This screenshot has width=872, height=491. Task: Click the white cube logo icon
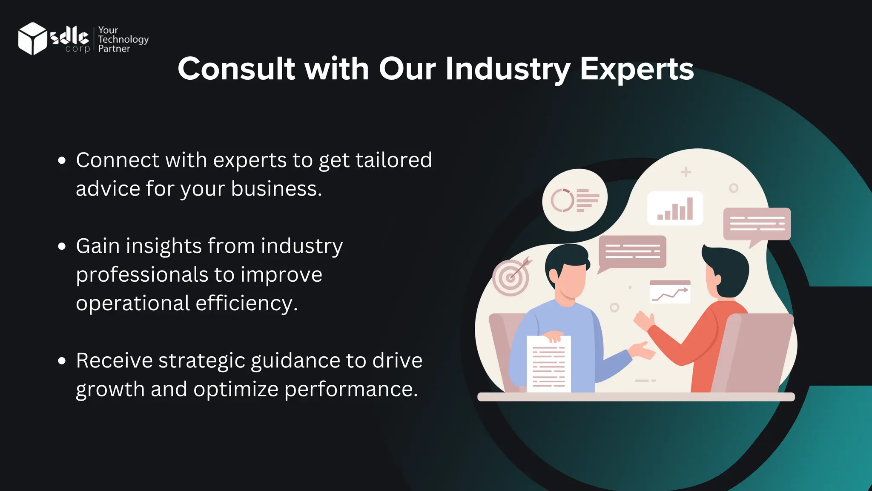(32, 38)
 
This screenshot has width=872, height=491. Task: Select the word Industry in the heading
(508, 69)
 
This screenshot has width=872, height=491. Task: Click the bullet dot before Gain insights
(62, 246)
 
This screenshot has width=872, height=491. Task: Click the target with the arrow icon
(511, 277)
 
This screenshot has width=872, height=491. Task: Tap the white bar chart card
(675, 208)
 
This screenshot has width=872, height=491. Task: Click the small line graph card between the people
(670, 292)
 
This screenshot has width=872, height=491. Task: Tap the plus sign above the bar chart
(686, 172)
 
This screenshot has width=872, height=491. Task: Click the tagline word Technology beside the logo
(123, 39)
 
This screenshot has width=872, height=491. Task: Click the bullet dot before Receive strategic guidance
(62, 361)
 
